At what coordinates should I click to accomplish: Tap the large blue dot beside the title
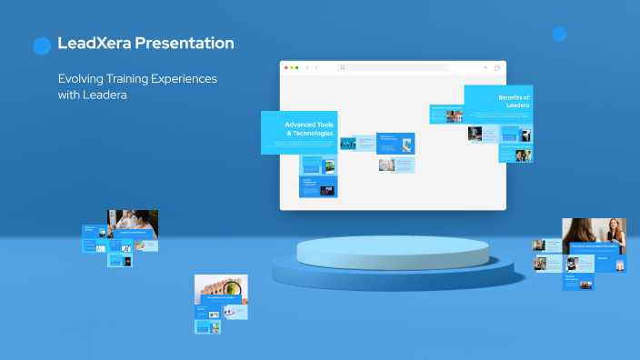[42, 45]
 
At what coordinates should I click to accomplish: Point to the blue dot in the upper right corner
[559, 35]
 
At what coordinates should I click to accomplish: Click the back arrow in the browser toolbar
[307, 67]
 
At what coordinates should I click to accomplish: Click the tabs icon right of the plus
[497, 67]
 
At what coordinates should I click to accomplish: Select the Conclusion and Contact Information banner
[594, 246]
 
